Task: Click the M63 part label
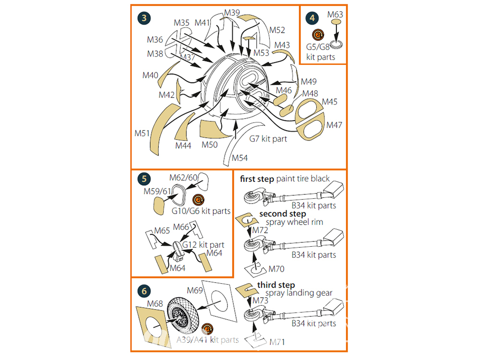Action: tap(335, 15)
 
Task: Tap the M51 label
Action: tap(143, 133)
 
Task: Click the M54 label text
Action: tap(240, 157)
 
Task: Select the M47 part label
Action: tap(334, 125)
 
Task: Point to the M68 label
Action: tap(156, 303)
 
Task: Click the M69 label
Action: tap(194, 290)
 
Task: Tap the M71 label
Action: tap(278, 342)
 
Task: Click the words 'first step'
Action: tap(257, 179)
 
